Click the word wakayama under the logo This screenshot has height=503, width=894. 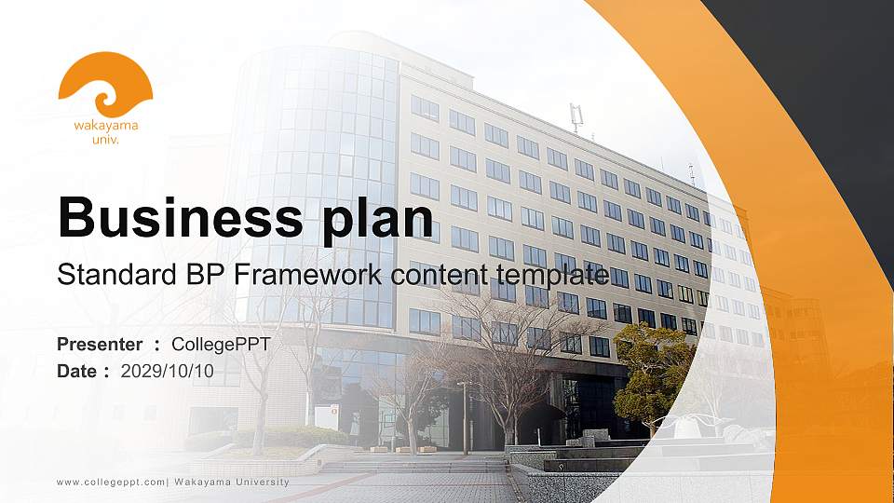click(105, 125)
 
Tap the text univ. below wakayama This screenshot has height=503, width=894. click(105, 140)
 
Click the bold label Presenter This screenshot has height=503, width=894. click(100, 345)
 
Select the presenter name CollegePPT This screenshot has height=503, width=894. click(221, 345)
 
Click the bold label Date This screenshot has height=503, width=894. click(77, 372)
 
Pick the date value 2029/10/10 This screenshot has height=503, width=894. click(168, 372)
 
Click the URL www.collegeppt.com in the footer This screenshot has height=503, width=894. click(111, 482)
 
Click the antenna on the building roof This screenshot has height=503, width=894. click(576, 117)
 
